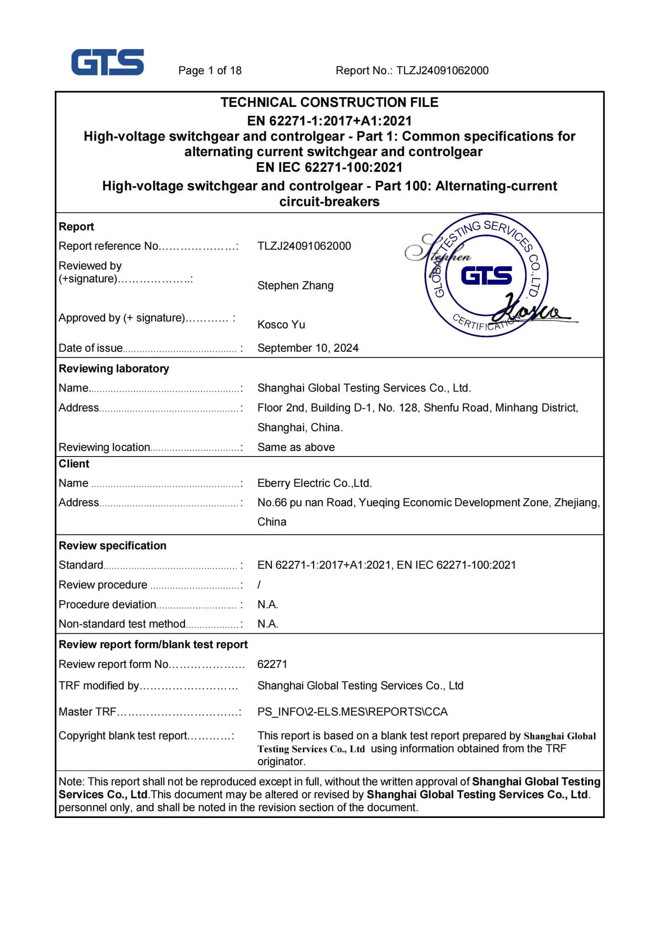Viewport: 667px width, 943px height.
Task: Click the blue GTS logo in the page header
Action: pos(107,62)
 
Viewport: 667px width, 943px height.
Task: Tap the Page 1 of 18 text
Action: pos(209,71)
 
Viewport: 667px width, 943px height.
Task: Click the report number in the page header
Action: pos(412,71)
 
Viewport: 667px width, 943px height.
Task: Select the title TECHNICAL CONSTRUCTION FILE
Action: pos(329,102)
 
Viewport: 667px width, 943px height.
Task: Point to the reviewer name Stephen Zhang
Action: pos(295,286)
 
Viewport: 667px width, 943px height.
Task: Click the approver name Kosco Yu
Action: pos(281,324)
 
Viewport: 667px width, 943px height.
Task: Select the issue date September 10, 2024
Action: pos(307,348)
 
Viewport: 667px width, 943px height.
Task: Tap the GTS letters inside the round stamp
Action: pos(486,275)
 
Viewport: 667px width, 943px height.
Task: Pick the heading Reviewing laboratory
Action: pos(114,368)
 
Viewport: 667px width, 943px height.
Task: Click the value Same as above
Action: pos(296,447)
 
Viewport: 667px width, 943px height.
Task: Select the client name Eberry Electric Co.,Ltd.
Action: pos(314,483)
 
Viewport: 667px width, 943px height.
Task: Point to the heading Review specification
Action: pos(112,545)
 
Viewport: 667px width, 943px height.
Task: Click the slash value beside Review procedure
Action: pos(259,584)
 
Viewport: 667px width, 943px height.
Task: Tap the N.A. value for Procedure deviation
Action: pos(268,604)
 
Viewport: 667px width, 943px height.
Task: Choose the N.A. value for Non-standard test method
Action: pos(268,624)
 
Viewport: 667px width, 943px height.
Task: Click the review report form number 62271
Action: pos(272,664)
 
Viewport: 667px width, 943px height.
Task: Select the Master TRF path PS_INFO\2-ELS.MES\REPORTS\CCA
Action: pos(352,712)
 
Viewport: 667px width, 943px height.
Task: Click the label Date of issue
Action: pos(91,348)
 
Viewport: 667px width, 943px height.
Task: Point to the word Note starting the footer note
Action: pos(71,781)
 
